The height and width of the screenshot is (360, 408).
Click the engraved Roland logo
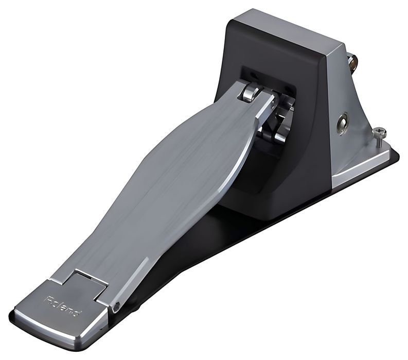click(63, 306)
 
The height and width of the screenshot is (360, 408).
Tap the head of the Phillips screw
click(380, 133)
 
